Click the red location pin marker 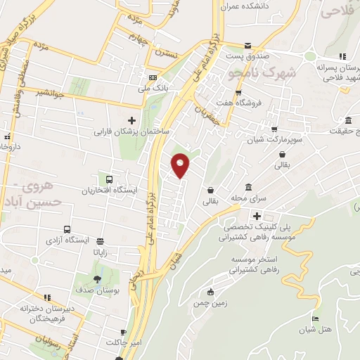[181, 165]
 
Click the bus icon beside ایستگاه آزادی [67, 229]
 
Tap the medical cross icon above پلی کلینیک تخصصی [258, 217]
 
